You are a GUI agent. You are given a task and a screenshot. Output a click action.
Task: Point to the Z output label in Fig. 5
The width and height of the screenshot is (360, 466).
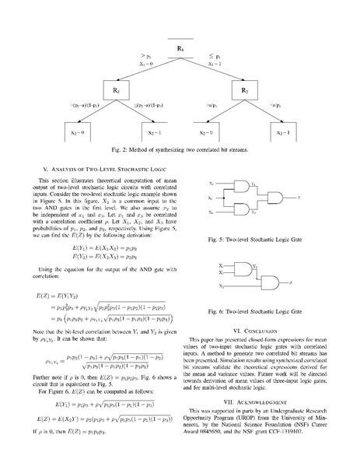292,198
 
